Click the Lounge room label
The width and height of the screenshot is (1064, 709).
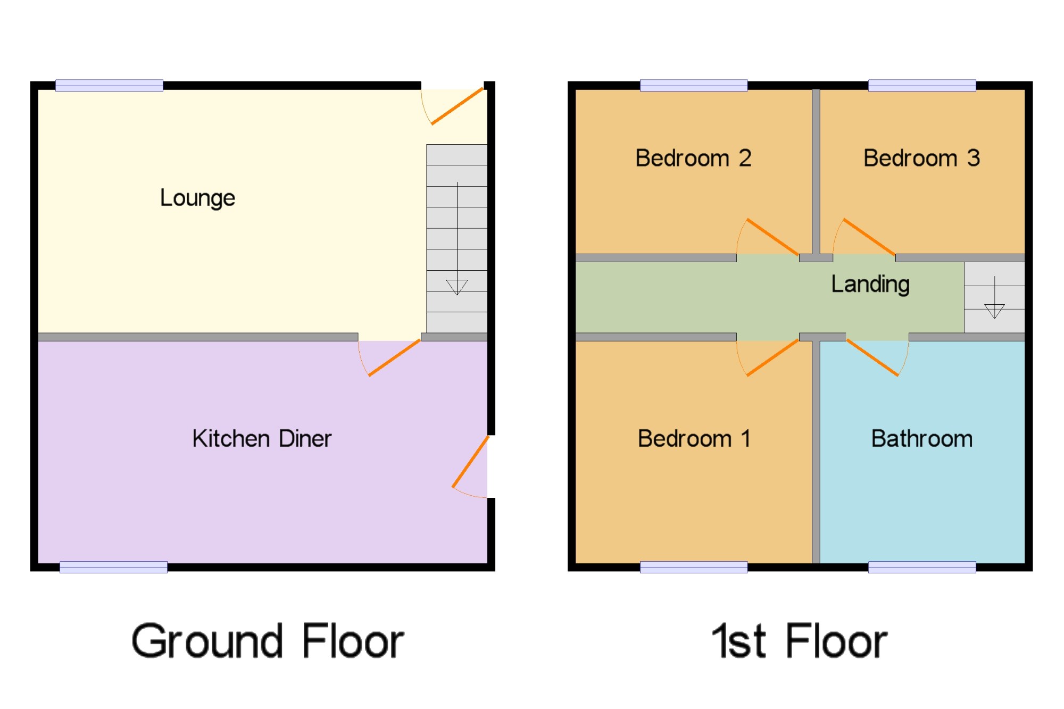[197, 198]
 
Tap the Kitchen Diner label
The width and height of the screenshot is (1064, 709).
[262, 439]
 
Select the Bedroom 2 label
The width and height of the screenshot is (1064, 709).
[693, 158]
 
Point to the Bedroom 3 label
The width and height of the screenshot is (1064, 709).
[921, 158]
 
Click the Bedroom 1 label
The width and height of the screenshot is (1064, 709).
[694, 439]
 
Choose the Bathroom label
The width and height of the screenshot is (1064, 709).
[921, 439]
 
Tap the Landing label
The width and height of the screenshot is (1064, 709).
[870, 284]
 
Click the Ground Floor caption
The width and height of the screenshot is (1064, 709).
[268, 641]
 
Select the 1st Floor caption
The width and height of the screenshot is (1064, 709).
[799, 641]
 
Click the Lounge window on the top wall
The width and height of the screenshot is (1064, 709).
[109, 85]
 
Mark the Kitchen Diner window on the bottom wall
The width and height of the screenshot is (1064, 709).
[113, 567]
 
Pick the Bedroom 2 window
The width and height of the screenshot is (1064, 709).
[694, 85]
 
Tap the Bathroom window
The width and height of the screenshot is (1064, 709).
[922, 567]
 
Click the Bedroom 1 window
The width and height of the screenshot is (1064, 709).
[694, 567]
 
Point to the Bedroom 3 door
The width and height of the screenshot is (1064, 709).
[869, 237]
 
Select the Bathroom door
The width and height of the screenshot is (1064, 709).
[872, 357]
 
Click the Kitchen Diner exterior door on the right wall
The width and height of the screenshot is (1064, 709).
[470, 462]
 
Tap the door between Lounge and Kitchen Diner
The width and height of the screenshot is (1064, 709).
[394, 357]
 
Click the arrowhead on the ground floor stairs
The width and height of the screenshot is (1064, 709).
[456, 287]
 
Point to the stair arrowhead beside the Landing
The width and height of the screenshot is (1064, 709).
[994, 311]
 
